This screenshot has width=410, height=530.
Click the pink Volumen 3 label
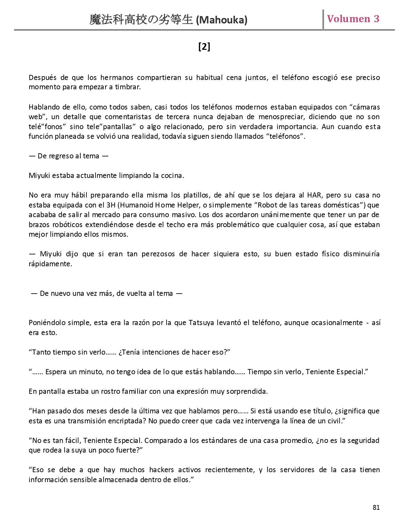tap(353, 19)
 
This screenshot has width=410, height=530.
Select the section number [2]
tap(204, 47)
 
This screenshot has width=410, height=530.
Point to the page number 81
tap(376, 507)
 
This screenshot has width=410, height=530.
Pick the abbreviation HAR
tap(314, 195)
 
